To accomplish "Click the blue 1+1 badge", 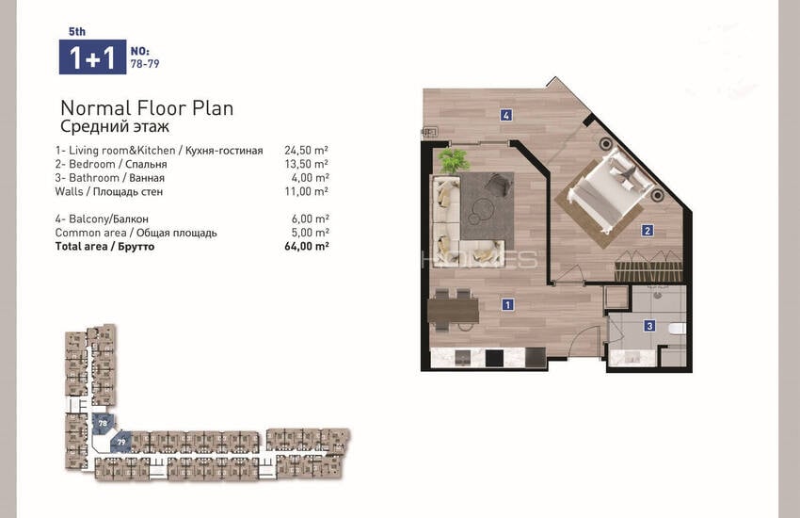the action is tap(92, 57).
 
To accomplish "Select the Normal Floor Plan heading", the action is tap(147, 108).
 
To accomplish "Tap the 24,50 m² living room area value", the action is tap(306, 150).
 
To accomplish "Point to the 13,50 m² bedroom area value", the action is tap(306, 164).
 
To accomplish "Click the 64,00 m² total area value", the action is tap(306, 246).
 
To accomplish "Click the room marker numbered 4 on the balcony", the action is tap(505, 115).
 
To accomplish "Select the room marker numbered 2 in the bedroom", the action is tap(648, 231).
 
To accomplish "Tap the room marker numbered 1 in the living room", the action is tap(507, 304).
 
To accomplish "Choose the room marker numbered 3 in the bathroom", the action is tap(649, 326).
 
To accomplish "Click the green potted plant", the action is tap(454, 160).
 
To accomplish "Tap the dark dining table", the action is tap(453, 311).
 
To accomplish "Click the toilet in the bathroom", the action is tap(678, 330).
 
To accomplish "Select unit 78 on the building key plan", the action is tap(104, 424).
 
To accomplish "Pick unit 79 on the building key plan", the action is tap(121, 442).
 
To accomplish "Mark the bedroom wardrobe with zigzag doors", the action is tap(648, 266).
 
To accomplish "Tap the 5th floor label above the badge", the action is tap(77, 32).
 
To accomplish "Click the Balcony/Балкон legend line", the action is tap(102, 219).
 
